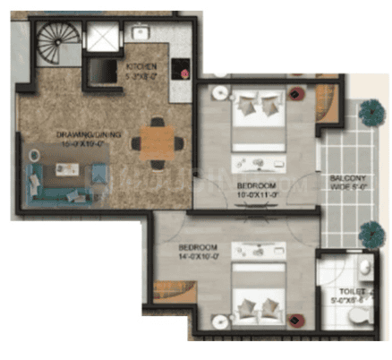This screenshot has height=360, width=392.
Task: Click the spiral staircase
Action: tap(59, 46)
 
